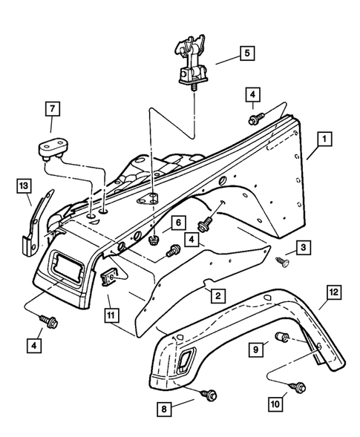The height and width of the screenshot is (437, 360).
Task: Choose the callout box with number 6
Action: coord(178,223)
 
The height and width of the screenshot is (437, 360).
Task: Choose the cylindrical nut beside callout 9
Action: coord(282,339)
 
